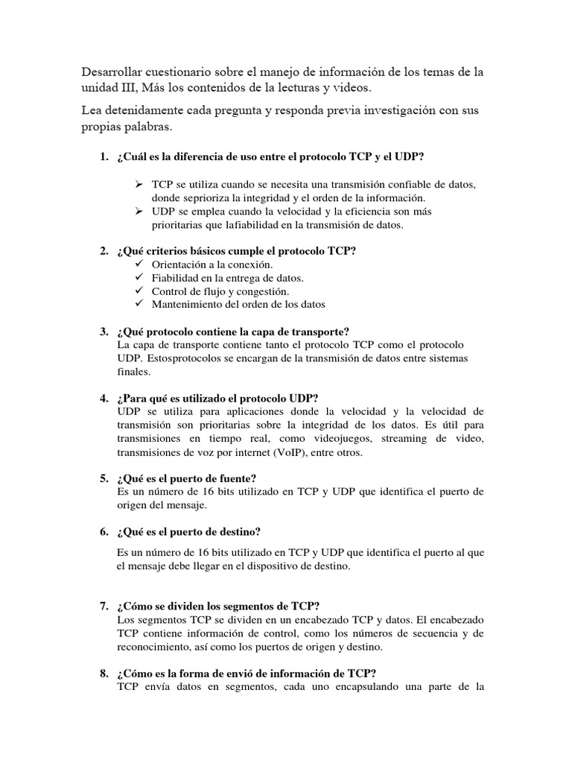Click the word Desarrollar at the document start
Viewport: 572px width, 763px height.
click(114, 72)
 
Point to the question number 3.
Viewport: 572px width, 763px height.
click(104, 332)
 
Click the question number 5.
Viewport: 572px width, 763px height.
click(104, 478)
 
